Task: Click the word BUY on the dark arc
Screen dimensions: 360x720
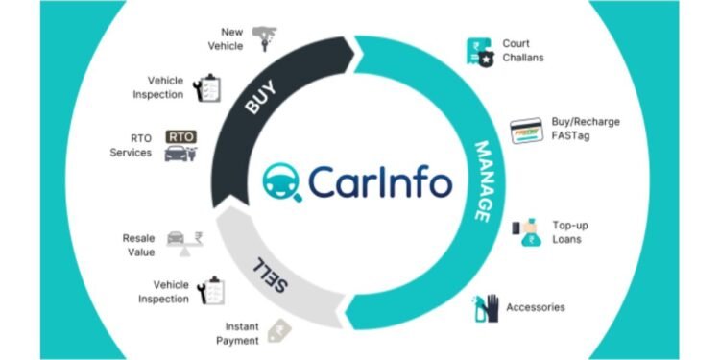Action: (261, 100)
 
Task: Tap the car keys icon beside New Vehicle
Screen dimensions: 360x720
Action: (264, 37)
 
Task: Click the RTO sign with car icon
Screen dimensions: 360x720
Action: (180, 145)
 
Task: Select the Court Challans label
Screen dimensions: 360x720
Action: (522, 50)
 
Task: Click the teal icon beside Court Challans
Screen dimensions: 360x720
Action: (478, 50)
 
